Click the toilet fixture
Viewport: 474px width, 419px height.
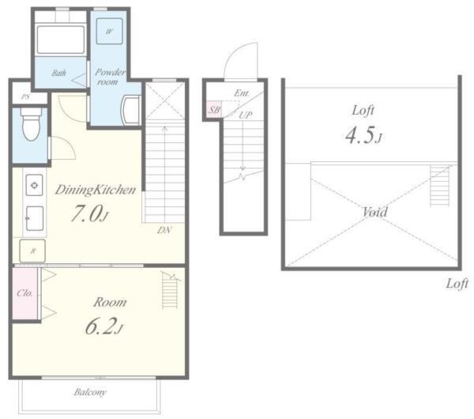pos(31,124)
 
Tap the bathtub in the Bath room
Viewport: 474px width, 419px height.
pos(61,40)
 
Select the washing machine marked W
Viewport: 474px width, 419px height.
pos(110,31)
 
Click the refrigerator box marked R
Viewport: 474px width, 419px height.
pos(32,251)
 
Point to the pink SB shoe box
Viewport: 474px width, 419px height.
pos(214,110)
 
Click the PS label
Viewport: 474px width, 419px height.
pos(26,97)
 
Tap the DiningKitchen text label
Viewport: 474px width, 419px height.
pos(96,190)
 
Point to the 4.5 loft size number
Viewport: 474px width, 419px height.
pos(363,135)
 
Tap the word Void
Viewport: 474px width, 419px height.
pos(374,212)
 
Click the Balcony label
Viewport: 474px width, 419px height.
pos(90,392)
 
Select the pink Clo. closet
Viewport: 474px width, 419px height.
pos(24,293)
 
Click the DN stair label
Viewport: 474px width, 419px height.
pos(164,230)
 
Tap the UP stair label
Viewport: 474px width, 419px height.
pos(246,115)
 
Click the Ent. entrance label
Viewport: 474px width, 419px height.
pos(242,93)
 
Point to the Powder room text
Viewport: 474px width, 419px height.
pos(109,77)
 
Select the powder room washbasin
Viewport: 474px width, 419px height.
pos(130,110)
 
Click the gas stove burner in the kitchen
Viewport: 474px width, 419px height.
pos(34,185)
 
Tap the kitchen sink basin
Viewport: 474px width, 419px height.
pos(35,218)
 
